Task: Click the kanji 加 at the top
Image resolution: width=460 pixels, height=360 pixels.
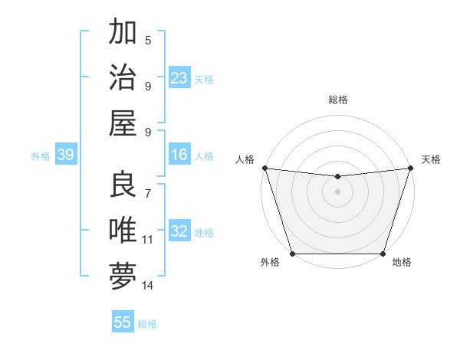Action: click(x=123, y=33)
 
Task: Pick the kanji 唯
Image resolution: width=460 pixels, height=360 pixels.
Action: click(x=123, y=230)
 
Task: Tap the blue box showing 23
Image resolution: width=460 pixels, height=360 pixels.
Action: click(x=179, y=78)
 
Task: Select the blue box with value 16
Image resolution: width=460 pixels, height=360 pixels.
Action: click(x=179, y=155)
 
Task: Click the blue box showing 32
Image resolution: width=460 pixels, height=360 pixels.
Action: click(x=179, y=232)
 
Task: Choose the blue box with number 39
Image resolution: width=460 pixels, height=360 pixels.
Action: click(x=65, y=155)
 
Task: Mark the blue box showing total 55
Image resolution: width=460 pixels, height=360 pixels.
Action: click(x=123, y=322)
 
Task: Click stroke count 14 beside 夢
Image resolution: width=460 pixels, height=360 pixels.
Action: click(x=148, y=286)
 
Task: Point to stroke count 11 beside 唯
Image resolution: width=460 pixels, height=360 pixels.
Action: click(x=148, y=240)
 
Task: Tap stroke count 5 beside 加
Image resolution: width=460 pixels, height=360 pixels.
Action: click(x=148, y=41)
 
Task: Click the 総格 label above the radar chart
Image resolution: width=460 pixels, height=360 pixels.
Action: click(x=338, y=100)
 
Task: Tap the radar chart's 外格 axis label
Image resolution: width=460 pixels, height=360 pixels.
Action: click(x=270, y=262)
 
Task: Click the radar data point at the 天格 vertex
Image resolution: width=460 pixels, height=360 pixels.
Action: click(x=410, y=168)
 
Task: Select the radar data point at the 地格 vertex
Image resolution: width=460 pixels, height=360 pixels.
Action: click(x=383, y=254)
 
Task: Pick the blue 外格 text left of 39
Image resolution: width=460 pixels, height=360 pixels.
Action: click(x=41, y=156)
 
